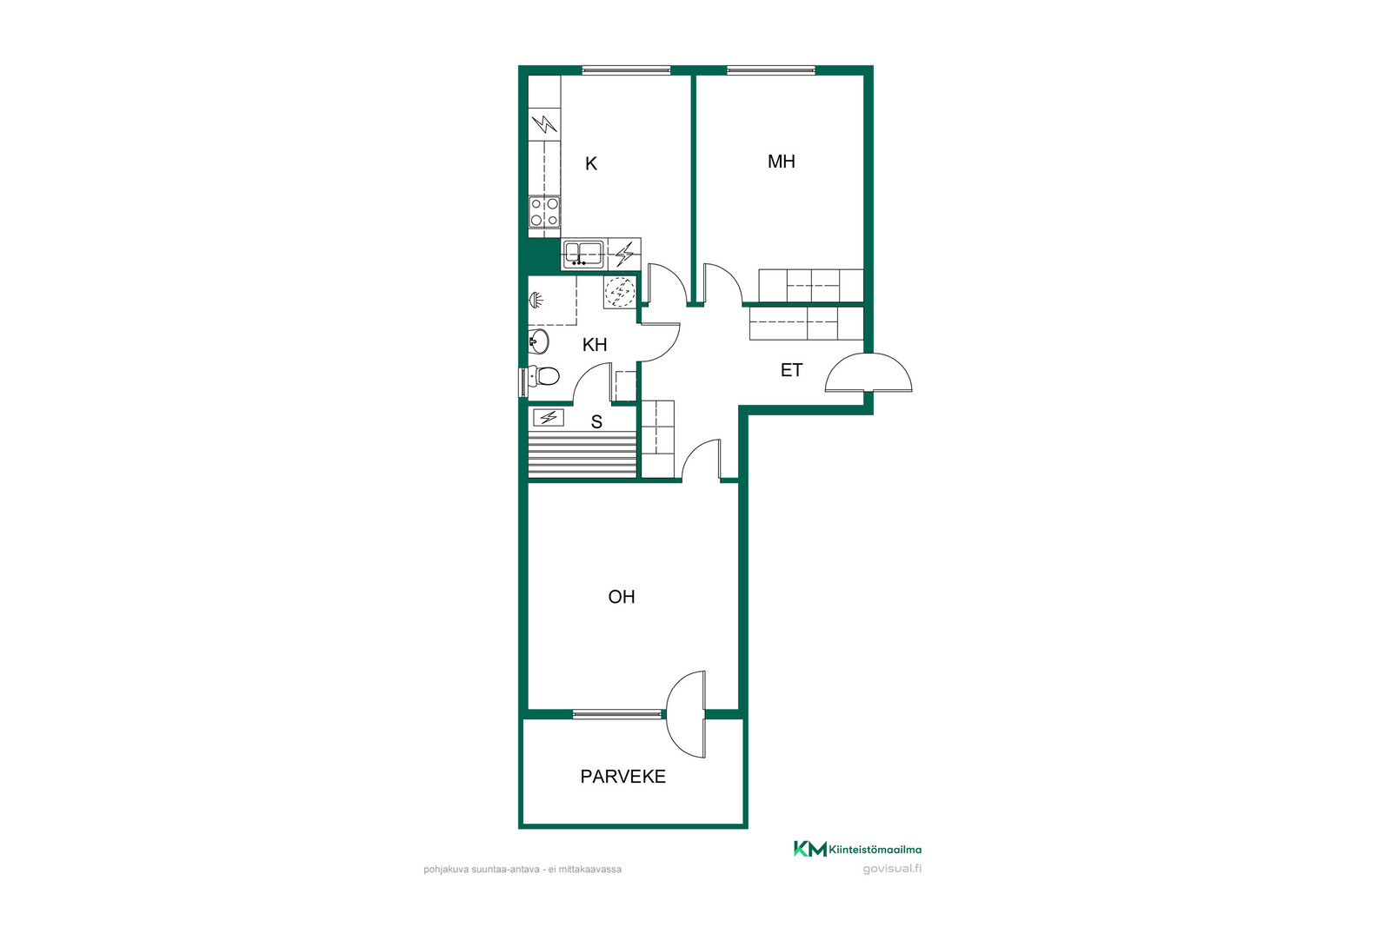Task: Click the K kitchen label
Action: click(591, 164)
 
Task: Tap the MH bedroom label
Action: click(782, 162)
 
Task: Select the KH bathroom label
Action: click(595, 345)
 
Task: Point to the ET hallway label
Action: click(791, 370)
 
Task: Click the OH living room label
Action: click(621, 597)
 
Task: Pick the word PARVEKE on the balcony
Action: click(622, 776)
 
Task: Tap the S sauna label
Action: click(596, 422)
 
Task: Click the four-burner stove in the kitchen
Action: click(544, 212)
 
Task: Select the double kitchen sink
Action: click(582, 254)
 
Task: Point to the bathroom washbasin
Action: click(538, 341)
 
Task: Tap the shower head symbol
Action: click(536, 301)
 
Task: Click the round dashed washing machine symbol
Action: click(620, 292)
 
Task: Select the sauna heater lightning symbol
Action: click(549, 418)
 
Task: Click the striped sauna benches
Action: click(582, 455)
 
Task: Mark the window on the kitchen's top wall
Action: click(626, 70)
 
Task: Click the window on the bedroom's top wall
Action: click(770, 70)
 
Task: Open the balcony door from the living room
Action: click(686, 714)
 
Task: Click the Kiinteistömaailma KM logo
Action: click(857, 849)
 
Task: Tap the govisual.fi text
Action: click(892, 869)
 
